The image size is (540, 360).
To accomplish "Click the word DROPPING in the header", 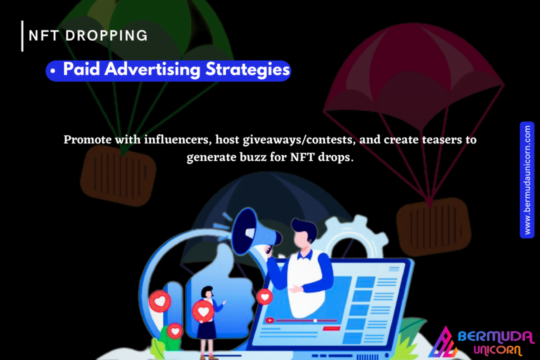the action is pos(107,35).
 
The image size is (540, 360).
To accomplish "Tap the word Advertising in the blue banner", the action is pos(152,70).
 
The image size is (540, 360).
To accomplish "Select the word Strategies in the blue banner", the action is pos(248,70).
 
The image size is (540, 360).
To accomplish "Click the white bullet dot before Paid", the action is pos(53,71).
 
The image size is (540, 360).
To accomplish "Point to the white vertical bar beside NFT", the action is pos(22,36).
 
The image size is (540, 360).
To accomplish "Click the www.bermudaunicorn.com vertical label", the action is pos(527,180).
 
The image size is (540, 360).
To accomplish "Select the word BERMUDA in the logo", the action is pos(496,336).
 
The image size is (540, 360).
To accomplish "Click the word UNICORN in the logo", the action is pos(498,350).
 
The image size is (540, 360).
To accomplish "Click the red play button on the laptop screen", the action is pos(269,320).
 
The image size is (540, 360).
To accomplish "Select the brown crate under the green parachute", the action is pos(118,176).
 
